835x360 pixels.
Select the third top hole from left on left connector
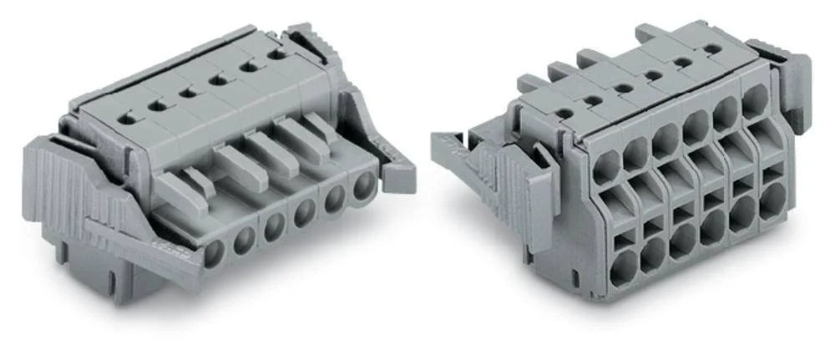click(x=188, y=92)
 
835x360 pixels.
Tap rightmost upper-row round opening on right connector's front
click(x=753, y=100)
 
